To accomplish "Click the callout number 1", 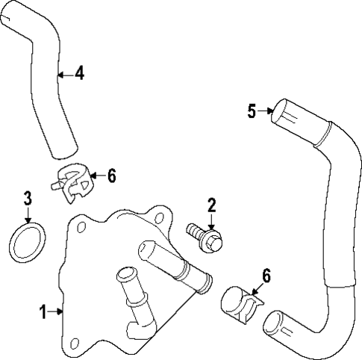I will (x=43, y=309).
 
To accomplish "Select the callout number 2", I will (x=211, y=204).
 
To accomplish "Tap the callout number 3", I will (x=28, y=199).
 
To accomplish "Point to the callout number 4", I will (x=79, y=74).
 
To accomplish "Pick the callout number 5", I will (x=252, y=111).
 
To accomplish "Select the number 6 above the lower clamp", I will (x=266, y=276).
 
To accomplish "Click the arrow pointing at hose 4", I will (x=65, y=74).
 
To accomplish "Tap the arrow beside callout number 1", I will (x=57, y=309).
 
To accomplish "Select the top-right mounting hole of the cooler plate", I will (x=160, y=217).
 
